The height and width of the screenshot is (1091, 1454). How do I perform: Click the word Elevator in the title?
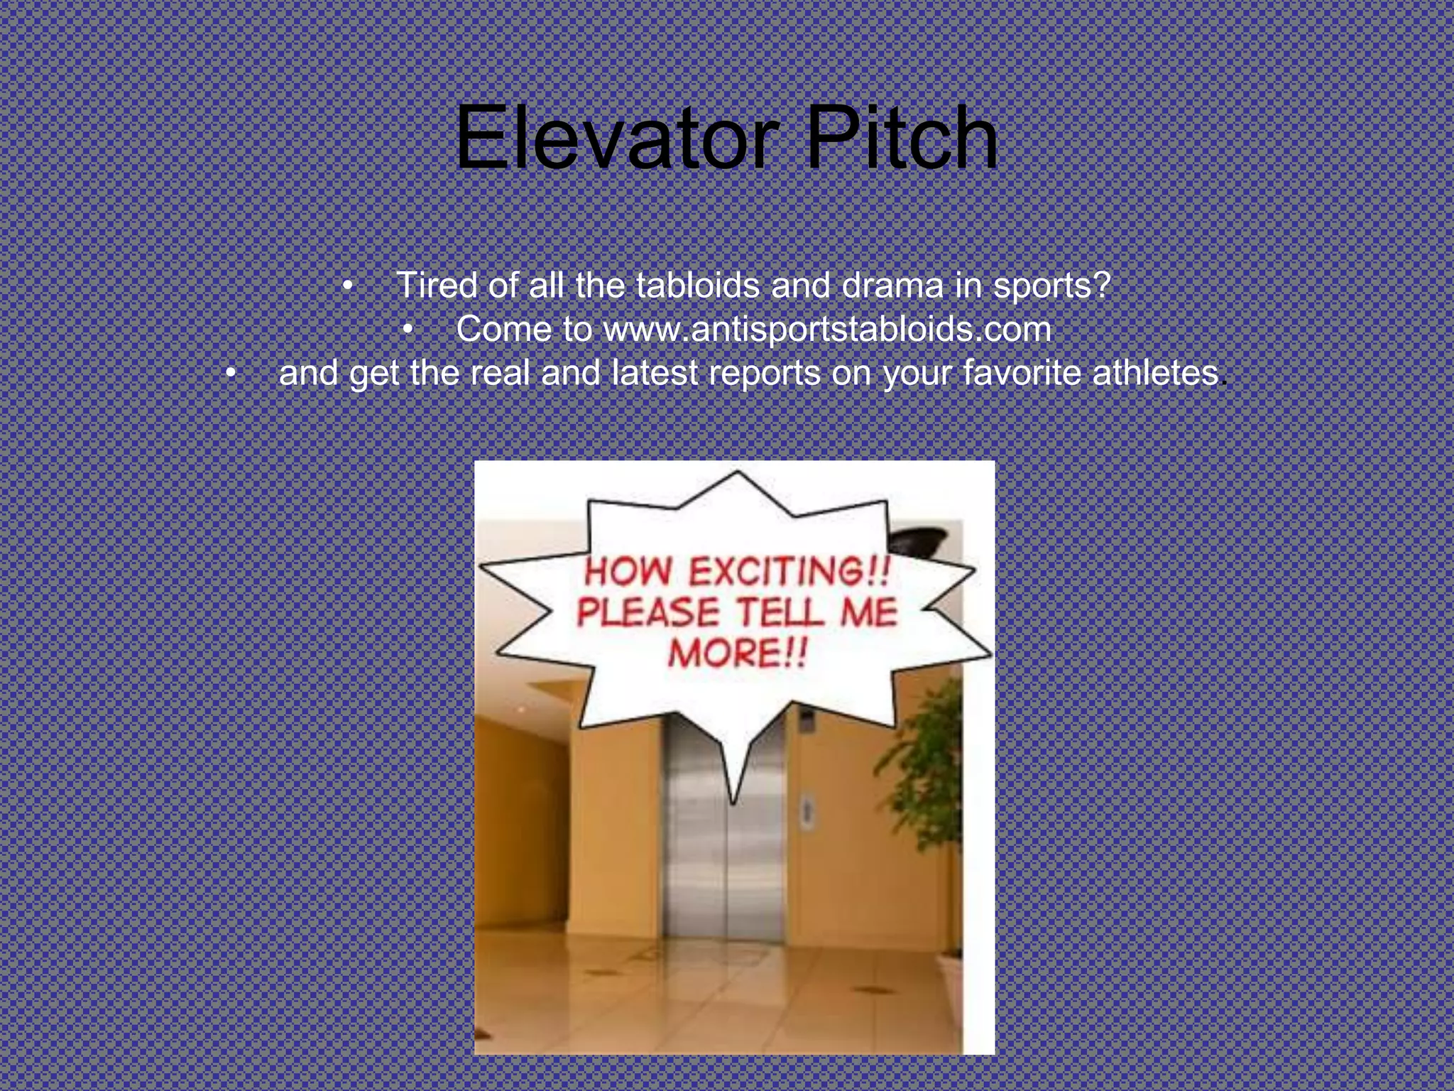pyautogui.click(x=616, y=138)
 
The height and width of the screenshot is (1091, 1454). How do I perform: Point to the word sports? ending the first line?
pyautogui.click(x=1051, y=286)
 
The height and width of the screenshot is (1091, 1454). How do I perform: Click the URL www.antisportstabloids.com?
pyautogui.click(x=827, y=330)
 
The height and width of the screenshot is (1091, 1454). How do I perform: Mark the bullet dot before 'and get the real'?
pyautogui.click(x=230, y=374)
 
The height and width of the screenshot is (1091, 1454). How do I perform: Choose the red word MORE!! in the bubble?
pyautogui.click(x=738, y=653)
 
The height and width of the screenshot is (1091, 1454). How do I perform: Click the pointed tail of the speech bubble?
pyautogui.click(x=733, y=788)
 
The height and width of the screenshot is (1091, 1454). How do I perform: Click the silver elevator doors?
pyautogui.click(x=724, y=852)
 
